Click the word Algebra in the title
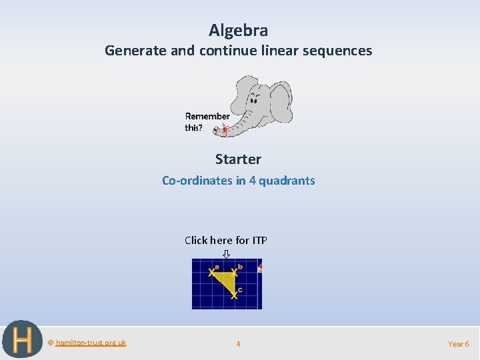point(238,31)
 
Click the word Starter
point(238,159)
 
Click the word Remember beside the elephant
point(207,116)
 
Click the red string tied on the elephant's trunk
point(225,129)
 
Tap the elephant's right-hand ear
point(280,102)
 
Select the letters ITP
point(259,240)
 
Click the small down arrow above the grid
point(226,253)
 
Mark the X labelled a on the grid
point(212,272)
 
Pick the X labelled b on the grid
point(234,272)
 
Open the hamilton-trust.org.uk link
point(91,343)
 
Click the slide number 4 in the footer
point(238,344)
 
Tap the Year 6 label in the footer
point(458,344)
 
